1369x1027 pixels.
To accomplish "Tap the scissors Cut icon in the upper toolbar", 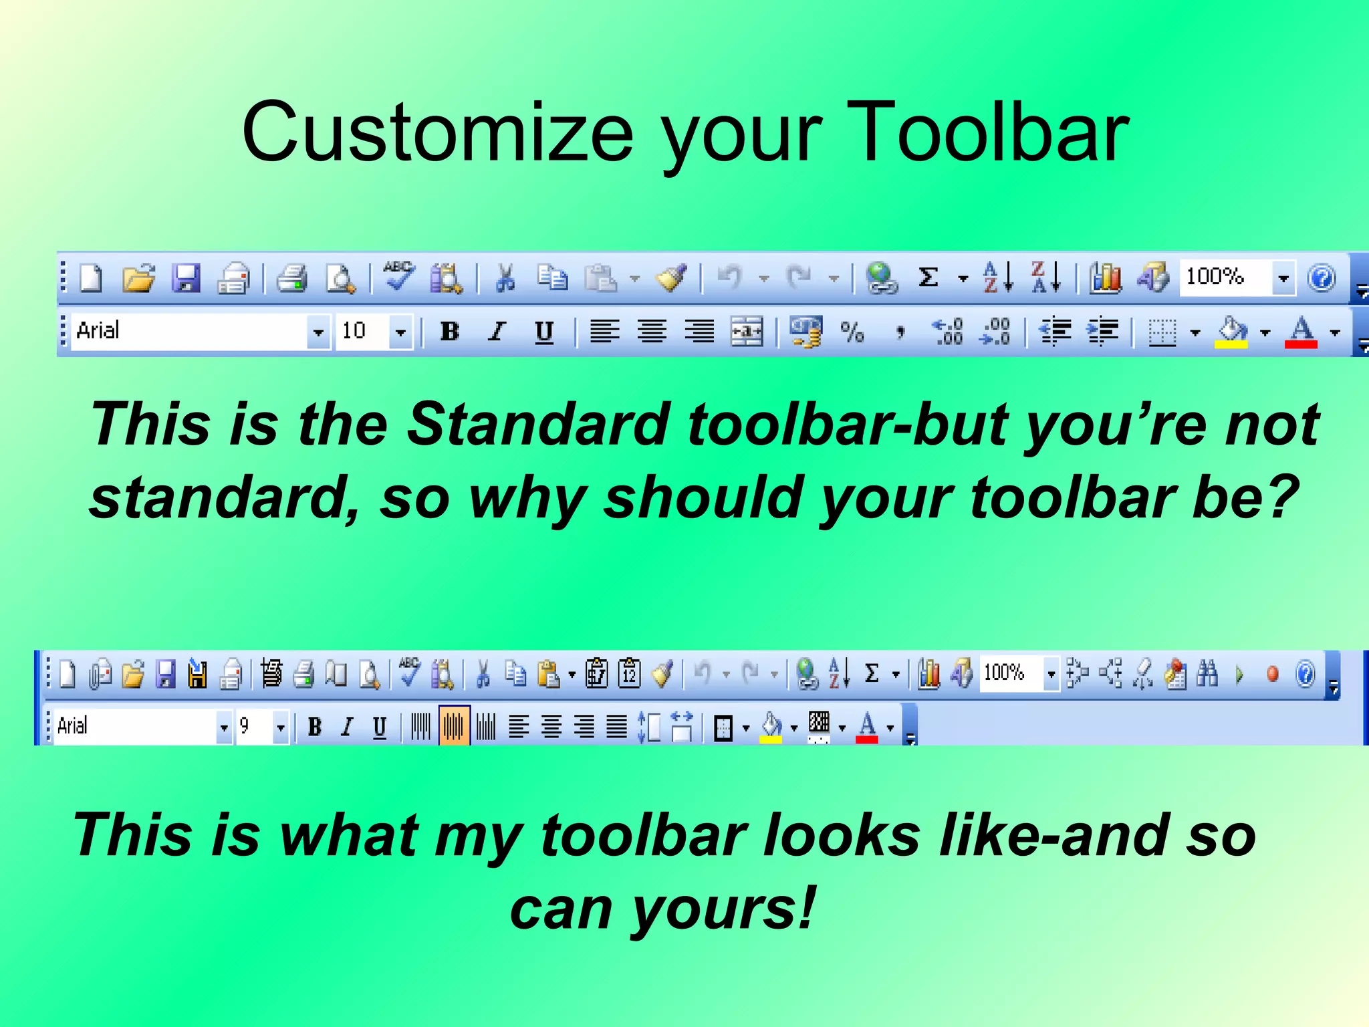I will (506, 277).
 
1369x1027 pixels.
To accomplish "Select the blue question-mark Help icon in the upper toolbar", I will (1322, 277).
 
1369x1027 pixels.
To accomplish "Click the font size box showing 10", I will (362, 331).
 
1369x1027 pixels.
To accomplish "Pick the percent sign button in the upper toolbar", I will (852, 332).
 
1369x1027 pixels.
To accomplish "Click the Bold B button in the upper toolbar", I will (450, 331).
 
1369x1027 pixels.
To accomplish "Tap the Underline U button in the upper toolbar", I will (544, 332).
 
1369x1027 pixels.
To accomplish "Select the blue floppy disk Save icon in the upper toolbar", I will (186, 277).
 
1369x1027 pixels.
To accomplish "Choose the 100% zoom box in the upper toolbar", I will (1225, 277).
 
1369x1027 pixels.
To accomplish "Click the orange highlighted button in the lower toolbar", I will (454, 725).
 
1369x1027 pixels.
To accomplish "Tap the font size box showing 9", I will (253, 726).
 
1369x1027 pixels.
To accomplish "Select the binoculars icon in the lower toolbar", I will (1207, 673).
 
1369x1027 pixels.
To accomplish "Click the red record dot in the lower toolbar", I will (1273, 673).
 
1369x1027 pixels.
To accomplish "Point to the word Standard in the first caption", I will (539, 424).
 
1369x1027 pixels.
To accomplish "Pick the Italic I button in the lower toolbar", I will (346, 726).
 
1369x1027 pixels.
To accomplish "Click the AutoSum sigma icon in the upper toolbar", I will (928, 277).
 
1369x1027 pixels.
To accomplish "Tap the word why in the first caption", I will (527, 498).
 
